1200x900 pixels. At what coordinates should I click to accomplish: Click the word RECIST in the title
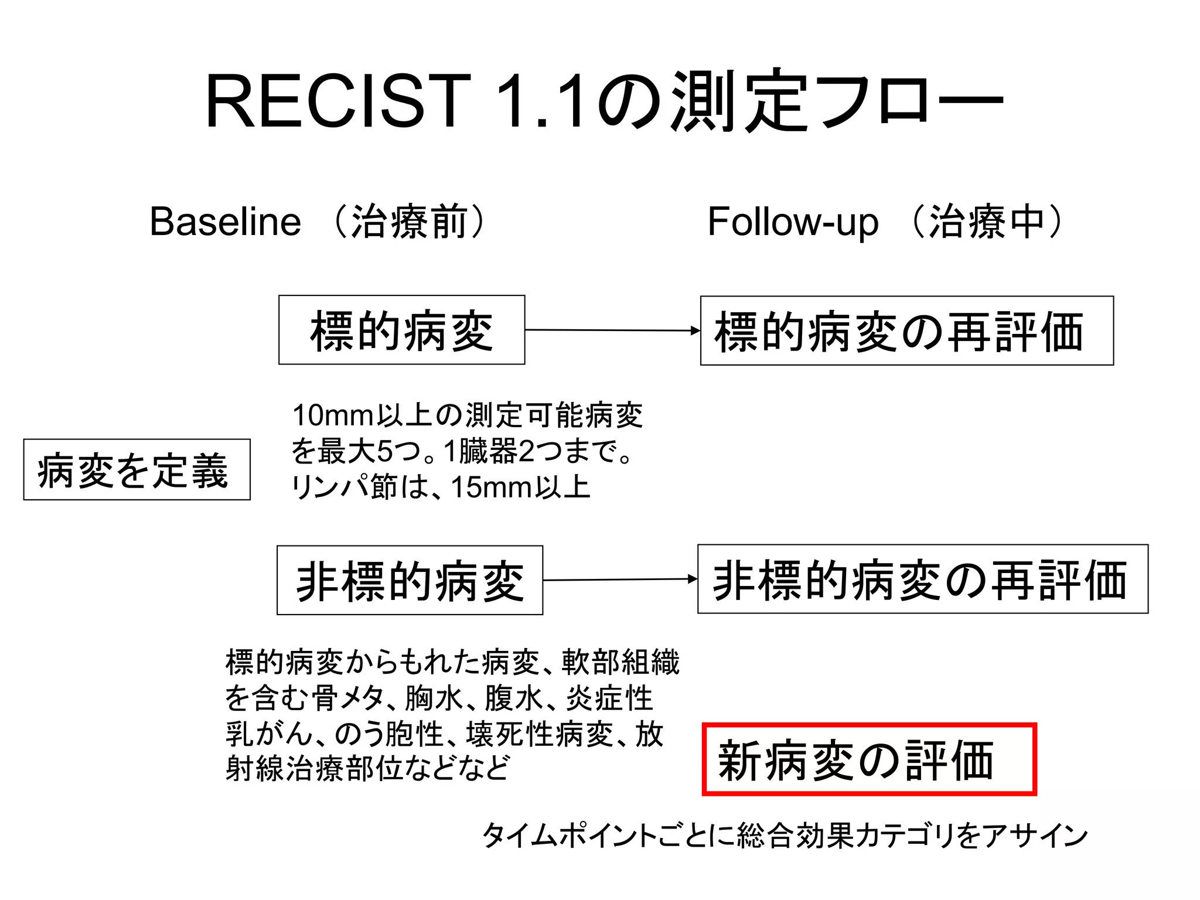pos(338,101)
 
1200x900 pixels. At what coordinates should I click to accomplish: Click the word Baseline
pos(225,221)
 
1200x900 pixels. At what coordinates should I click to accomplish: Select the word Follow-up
pos(793,221)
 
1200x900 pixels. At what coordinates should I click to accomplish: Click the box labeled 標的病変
pos(401,330)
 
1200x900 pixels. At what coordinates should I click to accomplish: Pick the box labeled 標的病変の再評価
pos(906,330)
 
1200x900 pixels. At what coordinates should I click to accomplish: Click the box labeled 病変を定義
pos(137,469)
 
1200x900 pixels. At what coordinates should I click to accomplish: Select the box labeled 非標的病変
pos(410,580)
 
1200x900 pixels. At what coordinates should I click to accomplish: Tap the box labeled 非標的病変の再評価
pos(922,579)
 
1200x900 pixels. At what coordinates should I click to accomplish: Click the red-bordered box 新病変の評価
pos(869,759)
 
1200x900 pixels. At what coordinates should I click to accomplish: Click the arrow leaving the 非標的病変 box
pos(620,579)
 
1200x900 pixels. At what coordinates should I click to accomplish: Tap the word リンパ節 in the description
pos(345,487)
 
